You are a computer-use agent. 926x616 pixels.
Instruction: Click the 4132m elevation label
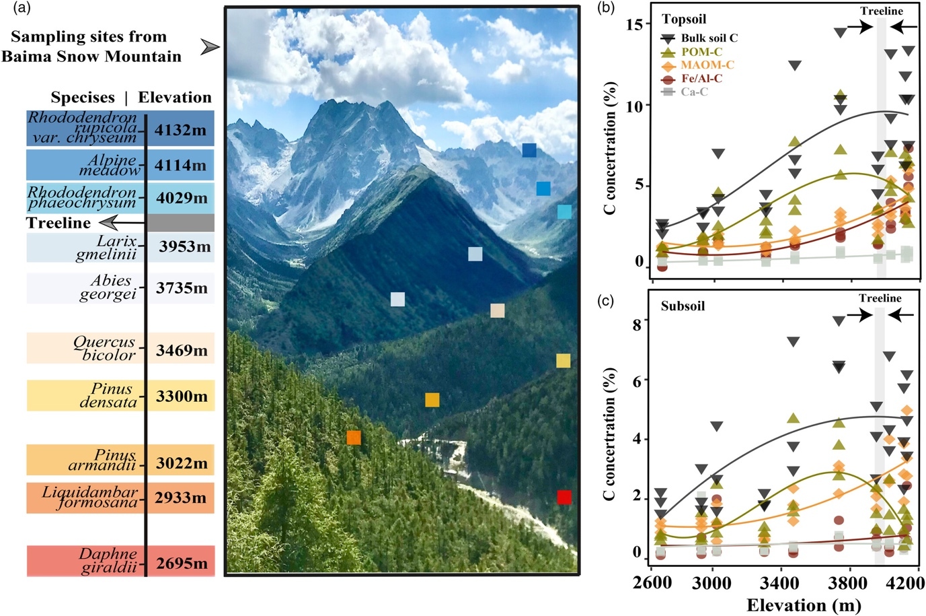(x=180, y=130)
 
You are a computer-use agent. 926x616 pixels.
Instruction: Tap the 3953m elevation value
(x=184, y=247)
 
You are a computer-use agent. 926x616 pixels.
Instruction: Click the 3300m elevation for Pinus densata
(x=182, y=396)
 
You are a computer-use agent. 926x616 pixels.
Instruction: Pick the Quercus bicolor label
(x=105, y=348)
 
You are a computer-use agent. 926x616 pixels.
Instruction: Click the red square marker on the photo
(x=564, y=498)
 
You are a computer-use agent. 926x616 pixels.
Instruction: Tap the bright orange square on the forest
(x=354, y=438)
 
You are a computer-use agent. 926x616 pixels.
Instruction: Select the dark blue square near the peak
(x=529, y=150)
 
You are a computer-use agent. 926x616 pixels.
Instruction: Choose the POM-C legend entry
(x=701, y=52)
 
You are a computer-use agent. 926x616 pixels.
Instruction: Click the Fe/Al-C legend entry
(x=701, y=79)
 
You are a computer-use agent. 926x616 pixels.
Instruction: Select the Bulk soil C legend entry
(x=709, y=38)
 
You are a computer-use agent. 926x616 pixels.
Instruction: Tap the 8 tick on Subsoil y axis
(x=636, y=324)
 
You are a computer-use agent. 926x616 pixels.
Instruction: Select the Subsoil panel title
(x=683, y=306)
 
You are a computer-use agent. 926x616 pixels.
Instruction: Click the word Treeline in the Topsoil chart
(x=882, y=11)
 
